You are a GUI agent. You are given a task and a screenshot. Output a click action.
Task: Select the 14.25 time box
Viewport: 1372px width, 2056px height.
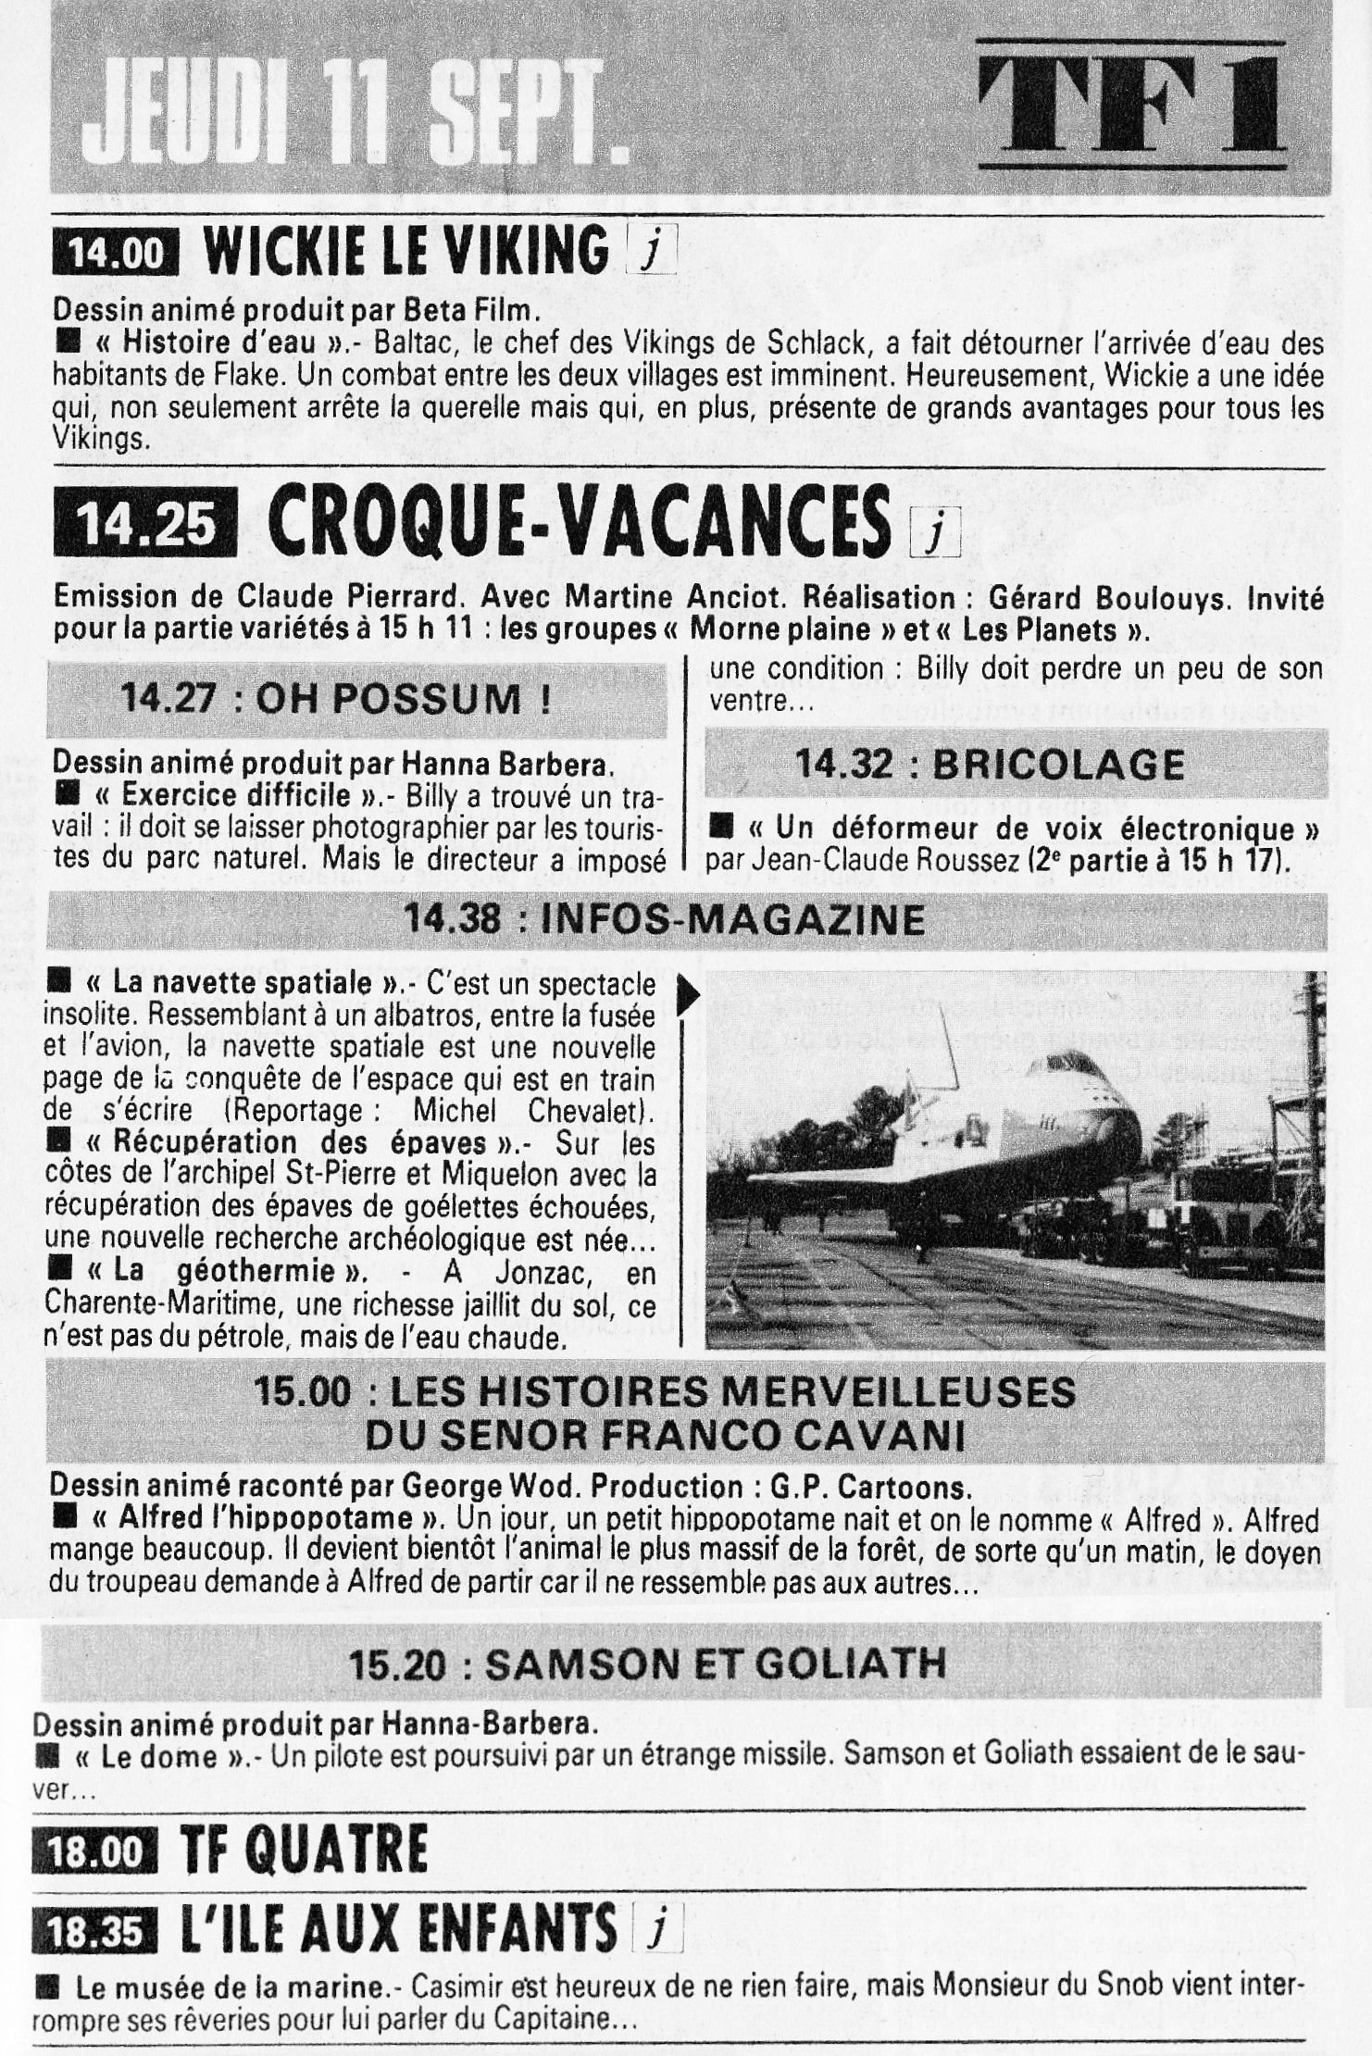pos(145,527)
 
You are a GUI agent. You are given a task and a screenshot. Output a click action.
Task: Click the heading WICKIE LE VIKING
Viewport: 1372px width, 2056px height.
pos(405,250)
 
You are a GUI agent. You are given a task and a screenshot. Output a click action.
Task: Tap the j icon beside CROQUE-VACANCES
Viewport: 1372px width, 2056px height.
pos(936,536)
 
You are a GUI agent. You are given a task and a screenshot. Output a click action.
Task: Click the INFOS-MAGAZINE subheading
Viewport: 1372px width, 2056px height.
pos(664,920)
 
